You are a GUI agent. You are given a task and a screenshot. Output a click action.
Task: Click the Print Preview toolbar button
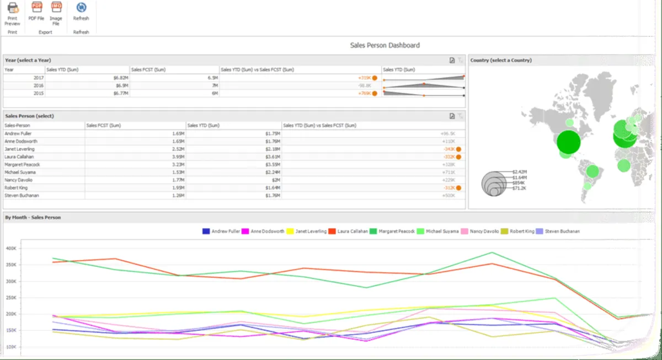tap(12, 13)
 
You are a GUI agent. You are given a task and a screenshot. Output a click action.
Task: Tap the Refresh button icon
tap(81, 8)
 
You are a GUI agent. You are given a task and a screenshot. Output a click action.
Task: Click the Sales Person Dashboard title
tap(385, 45)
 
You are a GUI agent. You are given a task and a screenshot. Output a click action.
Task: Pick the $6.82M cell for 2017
tap(121, 78)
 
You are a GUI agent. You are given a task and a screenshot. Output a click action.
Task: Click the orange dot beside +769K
tap(375, 94)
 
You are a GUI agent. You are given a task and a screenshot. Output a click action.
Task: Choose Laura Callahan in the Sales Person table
tap(19, 157)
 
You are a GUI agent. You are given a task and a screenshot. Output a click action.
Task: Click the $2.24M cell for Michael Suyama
tap(271, 173)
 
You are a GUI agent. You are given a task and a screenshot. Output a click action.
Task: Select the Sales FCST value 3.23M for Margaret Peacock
tap(178, 164)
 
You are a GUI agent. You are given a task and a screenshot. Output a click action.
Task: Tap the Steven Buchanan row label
tap(20, 195)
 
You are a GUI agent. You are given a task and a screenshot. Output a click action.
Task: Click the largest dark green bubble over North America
tap(568, 142)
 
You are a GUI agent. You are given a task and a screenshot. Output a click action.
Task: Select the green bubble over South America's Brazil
tap(592, 171)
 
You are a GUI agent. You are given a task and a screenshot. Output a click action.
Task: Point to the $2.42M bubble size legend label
tap(520, 172)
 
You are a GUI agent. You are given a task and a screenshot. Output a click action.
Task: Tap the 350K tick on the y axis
tap(10, 265)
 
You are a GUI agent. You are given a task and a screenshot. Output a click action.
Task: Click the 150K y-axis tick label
tap(10, 330)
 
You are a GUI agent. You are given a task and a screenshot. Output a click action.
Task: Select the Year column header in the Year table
tap(9, 70)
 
